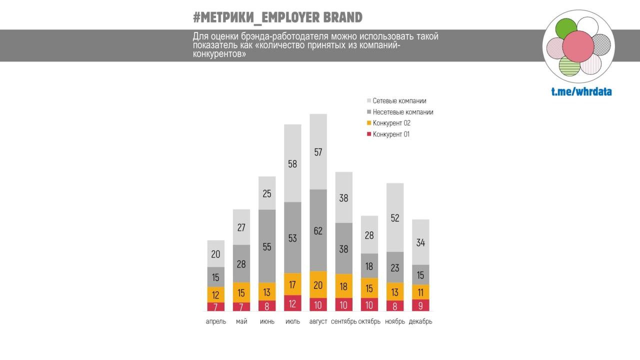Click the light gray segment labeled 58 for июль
[x=292, y=163]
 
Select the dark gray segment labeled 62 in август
[x=318, y=230]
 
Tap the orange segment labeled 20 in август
[x=318, y=284]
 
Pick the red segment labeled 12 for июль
[x=292, y=303]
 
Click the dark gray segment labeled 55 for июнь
[x=267, y=246]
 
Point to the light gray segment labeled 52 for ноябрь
[x=395, y=217]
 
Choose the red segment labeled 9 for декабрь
[x=420, y=305]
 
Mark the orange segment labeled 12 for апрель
[x=216, y=294]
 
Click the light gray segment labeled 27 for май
[x=241, y=227]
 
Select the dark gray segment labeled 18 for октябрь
[x=369, y=266]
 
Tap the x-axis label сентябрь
[x=343, y=321]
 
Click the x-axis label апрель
[x=216, y=321]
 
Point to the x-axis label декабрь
[x=420, y=321]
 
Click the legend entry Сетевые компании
[x=399, y=101]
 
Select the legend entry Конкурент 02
[x=391, y=123]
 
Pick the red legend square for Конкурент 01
[x=369, y=134]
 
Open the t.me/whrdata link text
[x=581, y=91]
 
